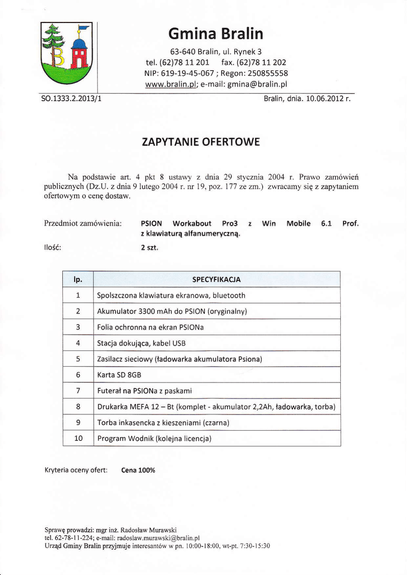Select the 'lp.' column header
78,279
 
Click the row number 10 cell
78,438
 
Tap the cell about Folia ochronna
150,327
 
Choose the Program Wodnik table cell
154,438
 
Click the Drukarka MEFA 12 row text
216,407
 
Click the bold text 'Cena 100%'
138,471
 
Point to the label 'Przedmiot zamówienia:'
83,223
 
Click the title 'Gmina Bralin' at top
216,34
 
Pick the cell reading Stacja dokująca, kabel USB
141,343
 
